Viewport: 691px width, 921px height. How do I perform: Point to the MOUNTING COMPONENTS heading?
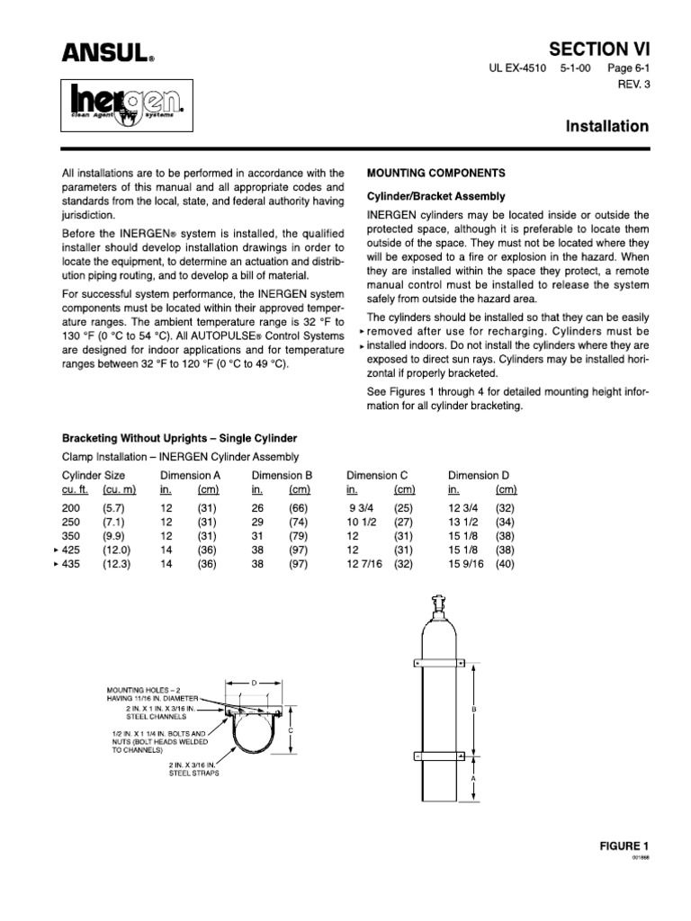(435, 172)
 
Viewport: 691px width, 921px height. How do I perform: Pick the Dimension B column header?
(282, 475)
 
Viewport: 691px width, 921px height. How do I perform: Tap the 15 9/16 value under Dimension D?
(466, 564)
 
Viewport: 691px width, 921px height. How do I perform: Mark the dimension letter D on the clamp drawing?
(254, 684)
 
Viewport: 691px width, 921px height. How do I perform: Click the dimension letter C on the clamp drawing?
(291, 729)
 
